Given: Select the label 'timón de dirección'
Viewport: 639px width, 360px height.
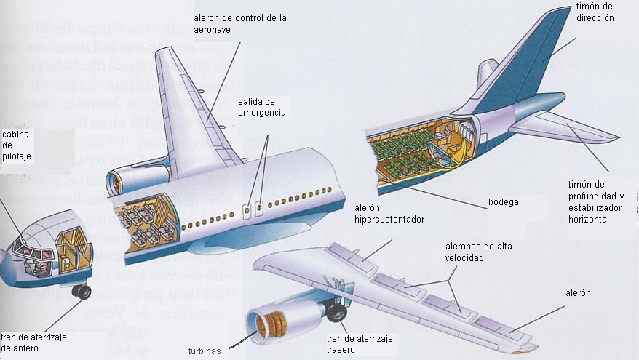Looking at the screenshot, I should [x=595, y=13].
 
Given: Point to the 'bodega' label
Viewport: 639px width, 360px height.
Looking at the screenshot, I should [x=503, y=202].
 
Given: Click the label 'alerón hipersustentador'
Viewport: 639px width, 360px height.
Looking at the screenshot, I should [x=389, y=213].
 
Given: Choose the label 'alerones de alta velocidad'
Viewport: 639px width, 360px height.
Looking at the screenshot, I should [x=478, y=252].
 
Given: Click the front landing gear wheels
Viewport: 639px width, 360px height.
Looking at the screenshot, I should [x=81, y=292].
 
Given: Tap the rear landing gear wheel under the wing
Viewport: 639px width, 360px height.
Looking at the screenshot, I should [x=337, y=313].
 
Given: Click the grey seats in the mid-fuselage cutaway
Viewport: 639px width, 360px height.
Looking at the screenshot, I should [x=143, y=218].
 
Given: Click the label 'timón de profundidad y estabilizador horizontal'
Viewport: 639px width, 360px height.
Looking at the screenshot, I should [x=596, y=201].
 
